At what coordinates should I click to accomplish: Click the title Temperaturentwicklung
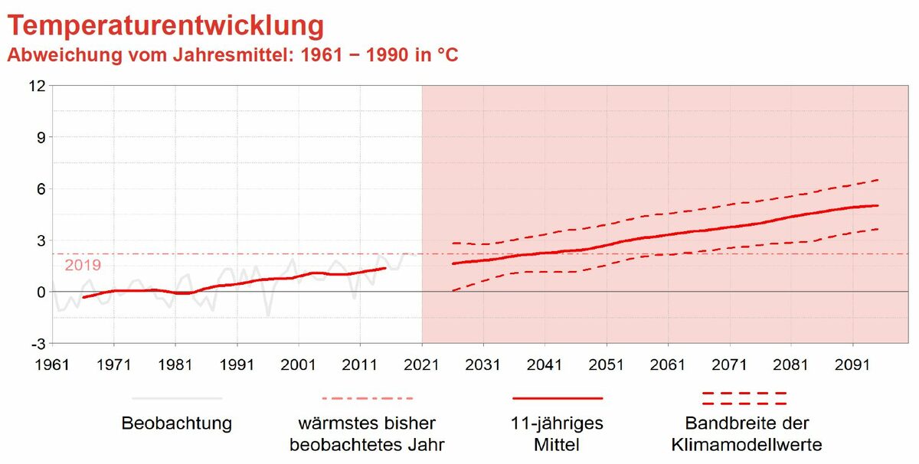coord(165,26)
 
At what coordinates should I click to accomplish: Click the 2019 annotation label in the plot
coord(83,266)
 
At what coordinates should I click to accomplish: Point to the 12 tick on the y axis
coord(36,86)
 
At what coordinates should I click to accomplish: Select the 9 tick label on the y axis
coord(41,137)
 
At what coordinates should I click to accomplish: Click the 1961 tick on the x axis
coord(52,364)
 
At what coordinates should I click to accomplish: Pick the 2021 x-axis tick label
coord(422,364)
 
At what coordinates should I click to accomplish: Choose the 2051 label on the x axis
coord(607,364)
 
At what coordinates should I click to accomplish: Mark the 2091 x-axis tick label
coord(853,364)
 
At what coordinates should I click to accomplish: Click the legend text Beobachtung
coord(177,423)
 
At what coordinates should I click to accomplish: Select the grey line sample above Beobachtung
coord(177,398)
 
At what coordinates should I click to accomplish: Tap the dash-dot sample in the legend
coord(367,398)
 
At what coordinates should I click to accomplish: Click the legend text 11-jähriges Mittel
coord(558,433)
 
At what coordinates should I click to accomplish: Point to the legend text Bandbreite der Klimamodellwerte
coord(747,433)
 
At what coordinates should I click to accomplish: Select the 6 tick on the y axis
coord(41,188)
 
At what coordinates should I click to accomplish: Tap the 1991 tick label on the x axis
coord(237,364)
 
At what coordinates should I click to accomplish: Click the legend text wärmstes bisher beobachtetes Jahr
coord(368,433)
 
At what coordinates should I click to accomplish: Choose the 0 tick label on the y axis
coord(41,292)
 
